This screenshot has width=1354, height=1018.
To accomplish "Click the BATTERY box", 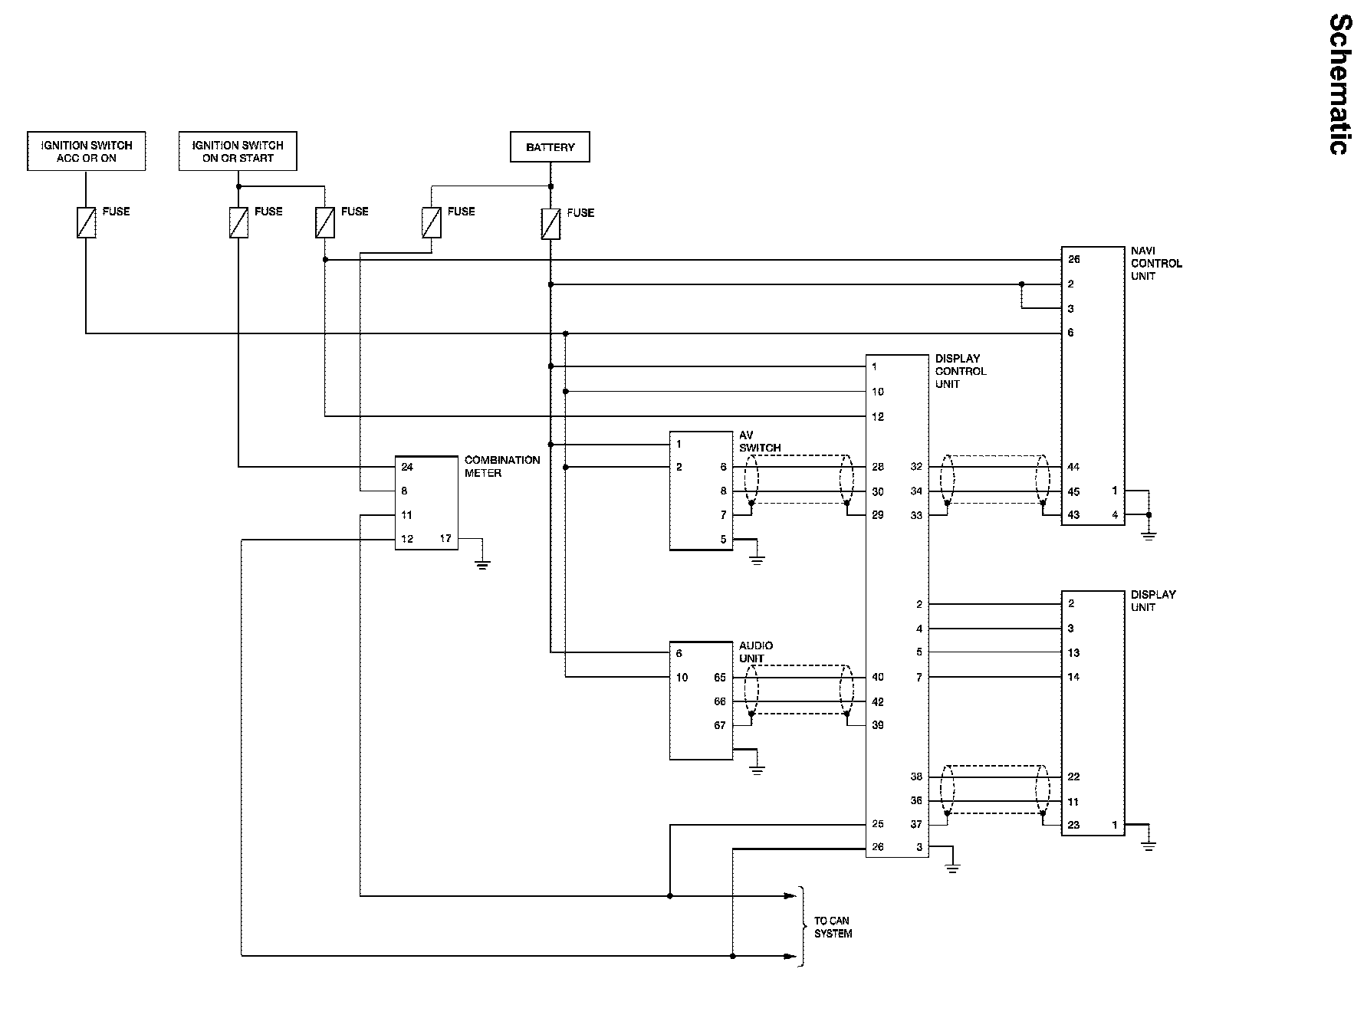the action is (x=550, y=147).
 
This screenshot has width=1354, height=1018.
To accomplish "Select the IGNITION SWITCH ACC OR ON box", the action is (x=87, y=151).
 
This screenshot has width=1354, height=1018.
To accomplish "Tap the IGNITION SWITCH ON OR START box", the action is (x=238, y=151).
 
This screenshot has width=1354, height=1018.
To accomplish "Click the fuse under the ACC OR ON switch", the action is (x=87, y=222).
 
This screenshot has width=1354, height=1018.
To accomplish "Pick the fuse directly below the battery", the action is (x=550, y=223).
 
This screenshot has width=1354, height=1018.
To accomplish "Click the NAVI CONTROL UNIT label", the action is (x=1156, y=263).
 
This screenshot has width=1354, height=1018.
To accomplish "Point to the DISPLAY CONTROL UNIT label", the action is (x=961, y=371).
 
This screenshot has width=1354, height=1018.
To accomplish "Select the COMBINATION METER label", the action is (x=502, y=466).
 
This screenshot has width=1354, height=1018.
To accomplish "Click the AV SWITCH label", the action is (x=760, y=442).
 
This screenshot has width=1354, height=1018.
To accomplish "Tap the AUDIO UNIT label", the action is (x=756, y=652).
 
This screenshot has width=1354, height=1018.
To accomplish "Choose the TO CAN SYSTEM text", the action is (x=833, y=927).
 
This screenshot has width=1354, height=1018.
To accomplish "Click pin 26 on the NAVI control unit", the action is (x=1073, y=259).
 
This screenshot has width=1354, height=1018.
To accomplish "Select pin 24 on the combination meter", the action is (x=407, y=467).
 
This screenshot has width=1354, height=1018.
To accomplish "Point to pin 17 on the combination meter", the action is (x=445, y=538).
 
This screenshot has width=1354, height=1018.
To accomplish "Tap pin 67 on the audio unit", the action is (x=719, y=725).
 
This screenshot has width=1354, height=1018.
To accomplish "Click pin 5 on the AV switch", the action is (x=723, y=540).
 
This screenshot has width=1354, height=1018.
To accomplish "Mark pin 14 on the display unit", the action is (x=1073, y=677).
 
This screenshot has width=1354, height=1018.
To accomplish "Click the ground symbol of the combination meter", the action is (x=482, y=565).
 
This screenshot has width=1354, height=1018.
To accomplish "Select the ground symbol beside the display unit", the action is (x=1148, y=846).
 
